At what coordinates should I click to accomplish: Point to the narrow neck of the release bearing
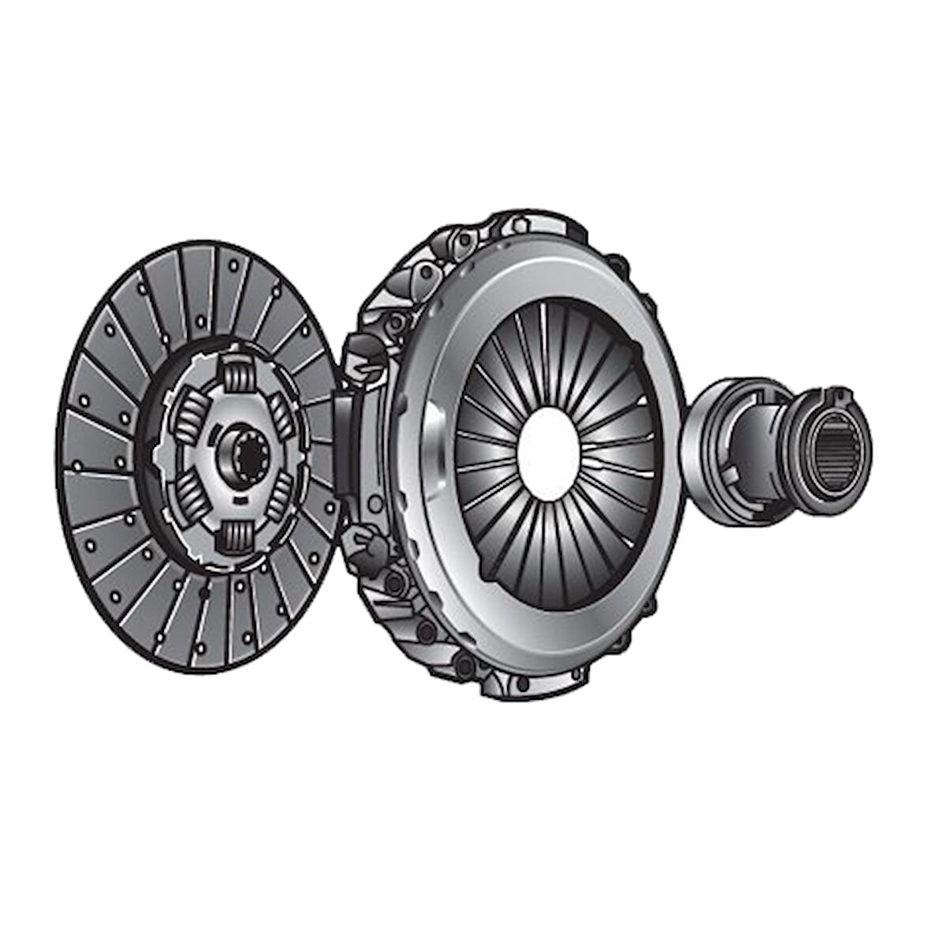click(758, 442)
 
